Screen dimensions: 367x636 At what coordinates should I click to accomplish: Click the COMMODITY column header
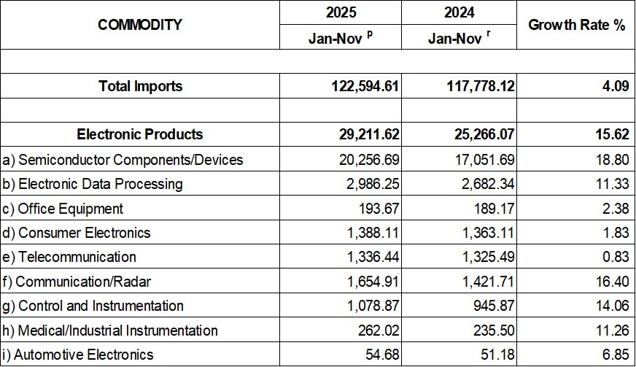140,25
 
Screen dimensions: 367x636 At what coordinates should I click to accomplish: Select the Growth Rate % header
576,25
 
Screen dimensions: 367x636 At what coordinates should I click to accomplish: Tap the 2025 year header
341,12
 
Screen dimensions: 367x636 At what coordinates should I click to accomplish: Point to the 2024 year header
459,12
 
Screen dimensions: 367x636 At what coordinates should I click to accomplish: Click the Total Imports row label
140,86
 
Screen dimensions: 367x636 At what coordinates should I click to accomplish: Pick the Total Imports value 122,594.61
363,86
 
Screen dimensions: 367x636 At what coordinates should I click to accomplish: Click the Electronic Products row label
140,134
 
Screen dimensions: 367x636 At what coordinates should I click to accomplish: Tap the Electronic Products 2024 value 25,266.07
481,134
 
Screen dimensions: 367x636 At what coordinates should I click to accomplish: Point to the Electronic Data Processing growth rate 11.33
612,184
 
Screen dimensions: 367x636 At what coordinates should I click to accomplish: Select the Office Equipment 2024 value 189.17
495,209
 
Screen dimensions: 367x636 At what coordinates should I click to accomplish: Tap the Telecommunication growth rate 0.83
616,257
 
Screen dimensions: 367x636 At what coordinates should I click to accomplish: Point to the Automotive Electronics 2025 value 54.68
380,355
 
